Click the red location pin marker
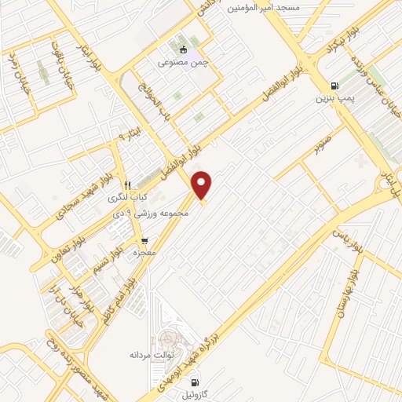click(x=203, y=185)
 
